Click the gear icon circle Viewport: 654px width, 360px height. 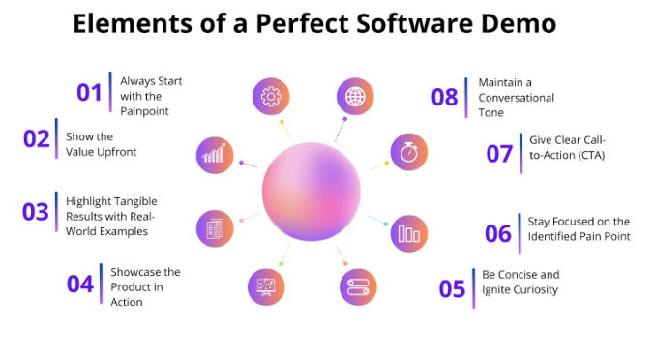pos(271,97)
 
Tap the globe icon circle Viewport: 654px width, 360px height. pos(355,97)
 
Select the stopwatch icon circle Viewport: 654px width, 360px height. pos(408,152)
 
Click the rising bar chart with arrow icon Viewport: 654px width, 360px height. pos(214,153)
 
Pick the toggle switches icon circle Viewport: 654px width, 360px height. pos(356,286)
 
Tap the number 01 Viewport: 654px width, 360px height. pos(90,93)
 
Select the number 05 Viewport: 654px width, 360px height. pos(452,289)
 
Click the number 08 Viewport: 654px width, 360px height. pos(445,97)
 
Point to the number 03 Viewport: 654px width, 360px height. pos(36,212)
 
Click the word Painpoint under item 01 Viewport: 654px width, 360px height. pos(145,113)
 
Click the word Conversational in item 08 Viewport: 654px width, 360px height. pos(517,97)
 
